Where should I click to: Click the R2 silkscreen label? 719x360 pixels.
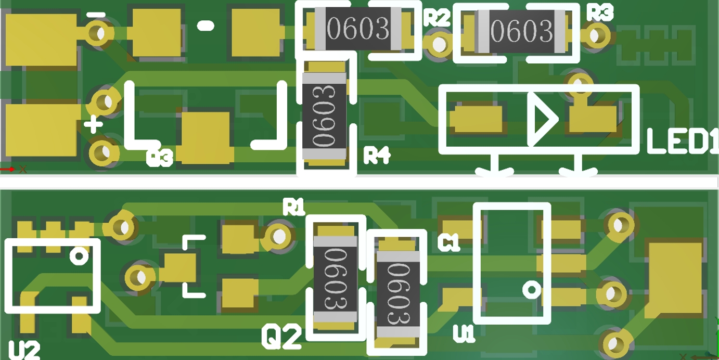click(436, 18)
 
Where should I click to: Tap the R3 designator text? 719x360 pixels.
click(599, 12)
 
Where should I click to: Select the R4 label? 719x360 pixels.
click(377, 155)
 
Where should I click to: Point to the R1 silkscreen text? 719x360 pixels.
click(293, 207)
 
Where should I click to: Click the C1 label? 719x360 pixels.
click(448, 242)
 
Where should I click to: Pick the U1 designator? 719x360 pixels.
click(464, 333)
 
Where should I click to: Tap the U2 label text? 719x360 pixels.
click(24, 350)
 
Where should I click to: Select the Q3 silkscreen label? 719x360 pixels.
click(159, 158)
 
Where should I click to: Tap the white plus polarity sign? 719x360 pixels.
click(93, 124)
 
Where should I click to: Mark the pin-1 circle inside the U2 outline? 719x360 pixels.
click(79, 256)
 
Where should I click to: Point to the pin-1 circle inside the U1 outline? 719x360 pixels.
click(531, 289)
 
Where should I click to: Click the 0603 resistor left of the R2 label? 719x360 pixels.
click(358, 29)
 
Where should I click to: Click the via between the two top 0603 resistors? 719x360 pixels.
click(439, 44)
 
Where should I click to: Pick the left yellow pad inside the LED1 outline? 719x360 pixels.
click(476, 119)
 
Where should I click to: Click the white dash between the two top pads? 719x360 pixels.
click(206, 25)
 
